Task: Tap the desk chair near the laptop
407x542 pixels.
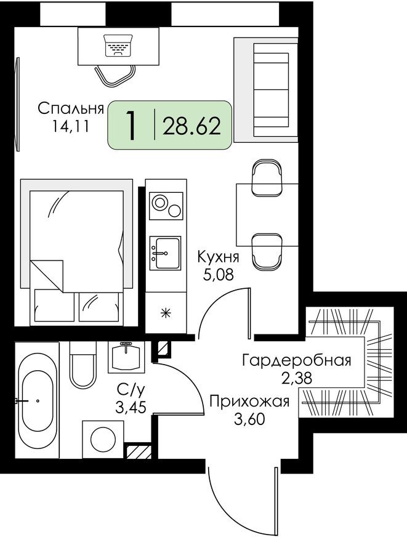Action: [115, 75]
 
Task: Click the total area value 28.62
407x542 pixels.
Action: [191, 126]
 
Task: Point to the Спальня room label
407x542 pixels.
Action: [70, 109]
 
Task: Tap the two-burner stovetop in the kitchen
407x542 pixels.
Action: [166, 205]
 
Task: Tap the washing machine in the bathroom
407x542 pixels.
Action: [103, 439]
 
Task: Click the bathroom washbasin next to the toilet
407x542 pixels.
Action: [126, 356]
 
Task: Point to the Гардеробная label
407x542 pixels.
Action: [297, 360]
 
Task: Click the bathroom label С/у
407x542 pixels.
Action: [131, 389]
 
